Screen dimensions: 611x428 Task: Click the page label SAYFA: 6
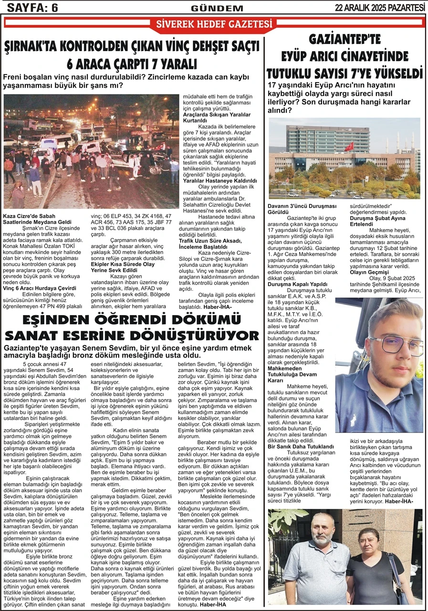30,7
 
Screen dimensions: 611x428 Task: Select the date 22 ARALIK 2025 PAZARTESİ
380,8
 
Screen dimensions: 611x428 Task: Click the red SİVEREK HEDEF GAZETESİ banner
214,24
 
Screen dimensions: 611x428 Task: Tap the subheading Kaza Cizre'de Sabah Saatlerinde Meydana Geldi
37,219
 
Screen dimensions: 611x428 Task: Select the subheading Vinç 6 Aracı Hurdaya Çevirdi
40,288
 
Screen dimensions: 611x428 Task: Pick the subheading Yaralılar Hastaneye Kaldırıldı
220,181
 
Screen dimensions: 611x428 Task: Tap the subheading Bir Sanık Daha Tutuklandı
301,446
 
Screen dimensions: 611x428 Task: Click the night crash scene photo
91,151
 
